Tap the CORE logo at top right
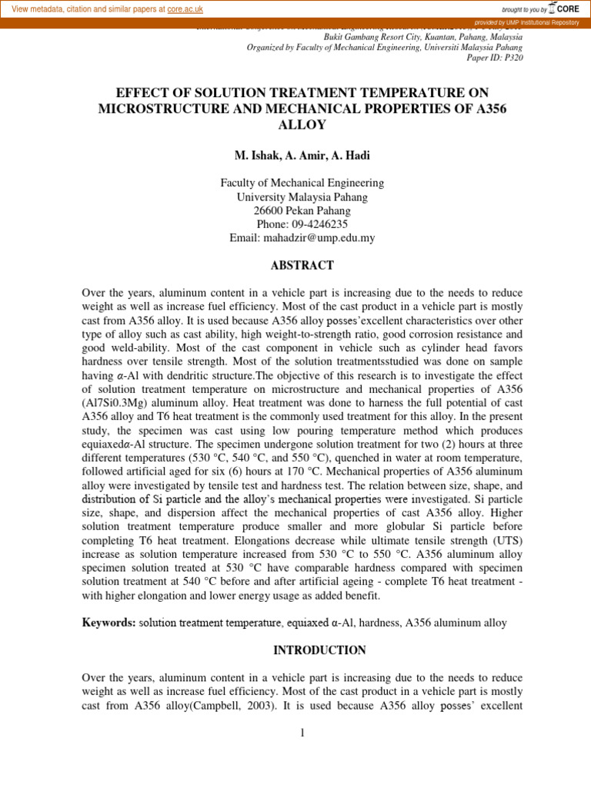(x=564, y=8)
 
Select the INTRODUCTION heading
(x=320, y=650)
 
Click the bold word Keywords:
(x=109, y=623)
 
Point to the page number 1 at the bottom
(x=303, y=733)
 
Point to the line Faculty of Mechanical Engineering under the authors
(x=302, y=183)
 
